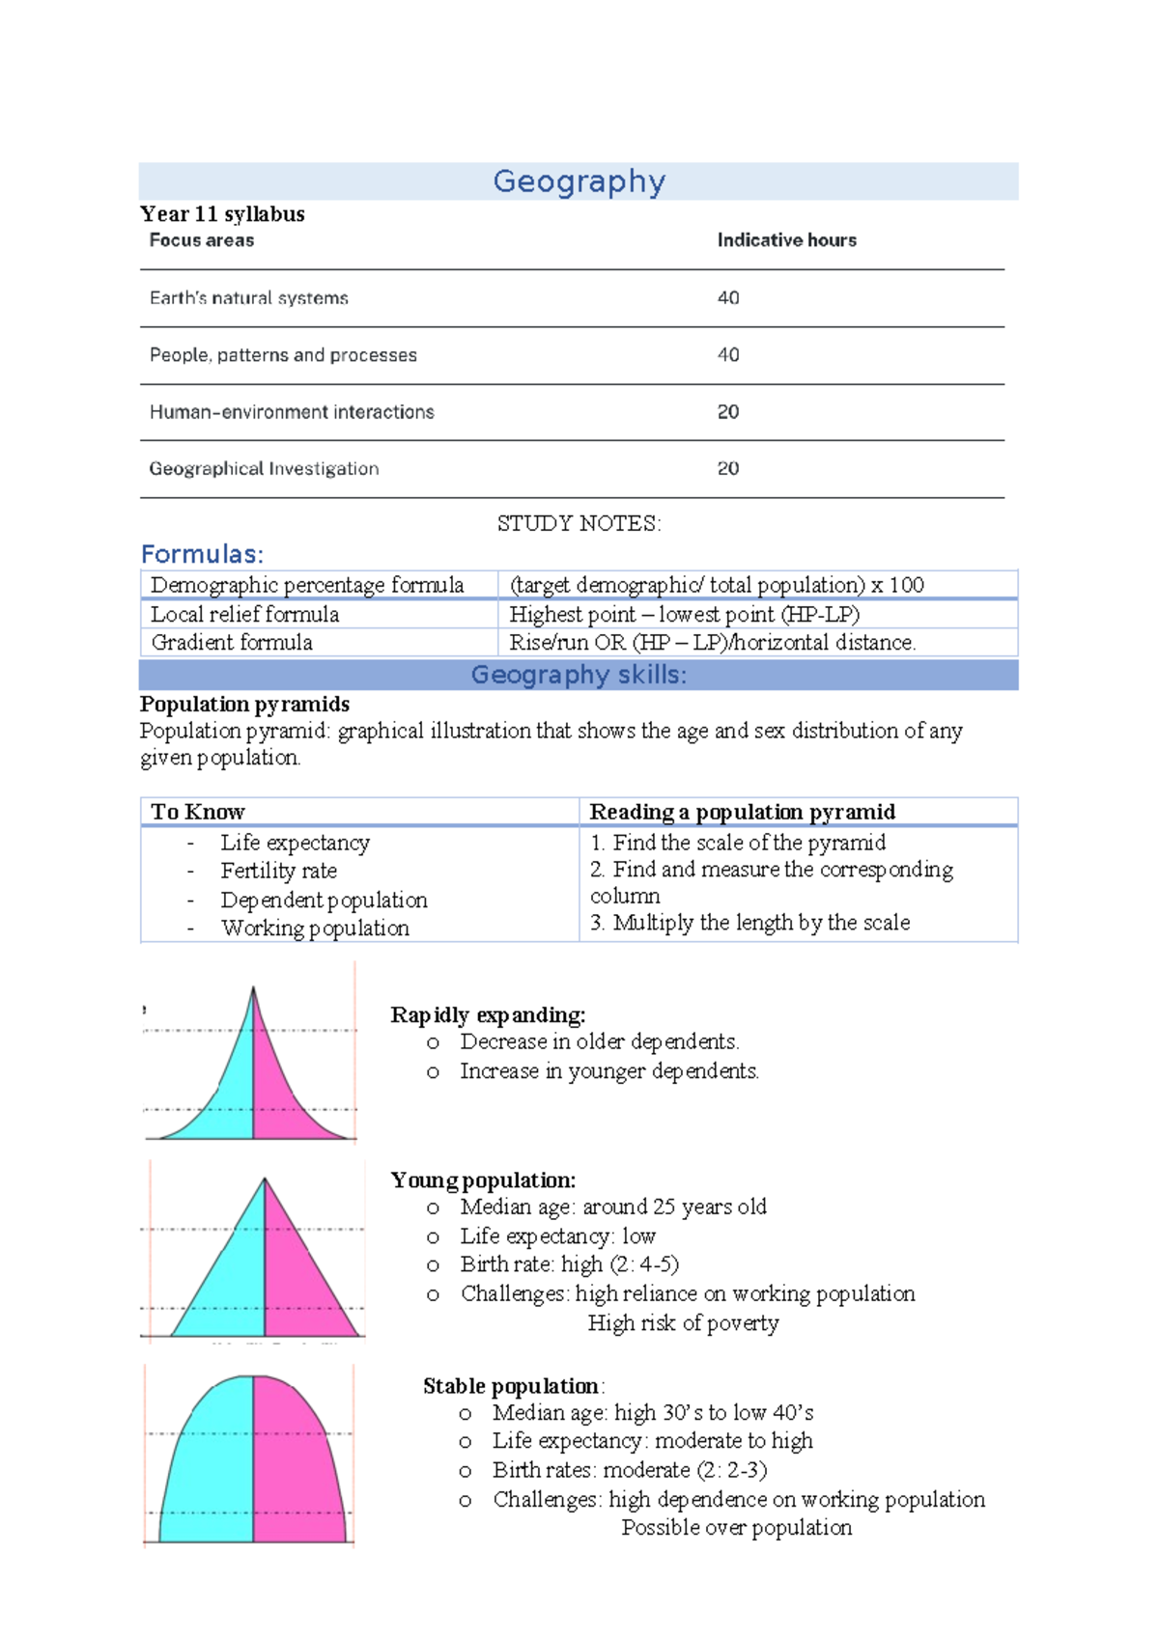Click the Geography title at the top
click(x=579, y=181)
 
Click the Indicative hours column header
click(x=786, y=240)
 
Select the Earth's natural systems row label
click(x=248, y=298)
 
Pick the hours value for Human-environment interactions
click(x=728, y=412)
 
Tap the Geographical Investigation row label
click(x=264, y=469)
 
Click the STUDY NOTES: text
click(x=579, y=524)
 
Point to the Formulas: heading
click(x=202, y=554)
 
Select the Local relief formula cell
click(x=245, y=615)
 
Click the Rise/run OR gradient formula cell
click(x=712, y=643)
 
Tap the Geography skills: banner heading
click(x=579, y=675)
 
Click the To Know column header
click(x=198, y=812)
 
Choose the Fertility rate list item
click(x=278, y=872)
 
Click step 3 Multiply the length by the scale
click(x=750, y=923)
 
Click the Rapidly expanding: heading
click(x=488, y=1015)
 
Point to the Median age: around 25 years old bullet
click(x=613, y=1207)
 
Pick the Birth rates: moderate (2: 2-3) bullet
click(x=630, y=1470)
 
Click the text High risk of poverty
click(x=683, y=1323)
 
